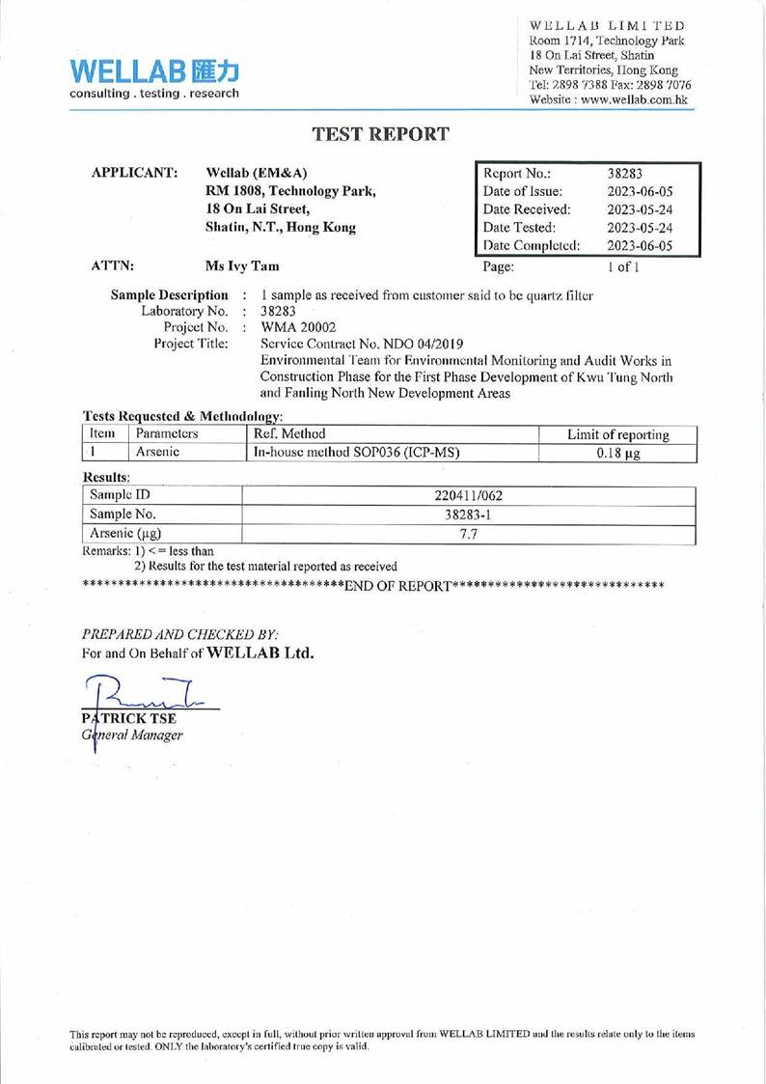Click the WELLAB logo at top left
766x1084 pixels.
tap(152, 77)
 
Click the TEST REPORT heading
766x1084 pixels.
tap(381, 135)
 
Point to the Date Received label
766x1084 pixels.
tap(527, 209)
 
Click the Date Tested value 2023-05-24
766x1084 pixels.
tap(644, 228)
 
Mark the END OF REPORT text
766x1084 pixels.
tap(398, 586)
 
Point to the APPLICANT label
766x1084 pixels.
tap(133, 173)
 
